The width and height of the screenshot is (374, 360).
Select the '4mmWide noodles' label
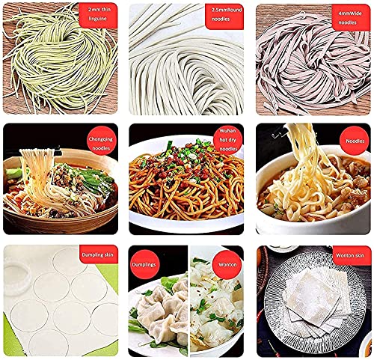(x=348, y=16)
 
